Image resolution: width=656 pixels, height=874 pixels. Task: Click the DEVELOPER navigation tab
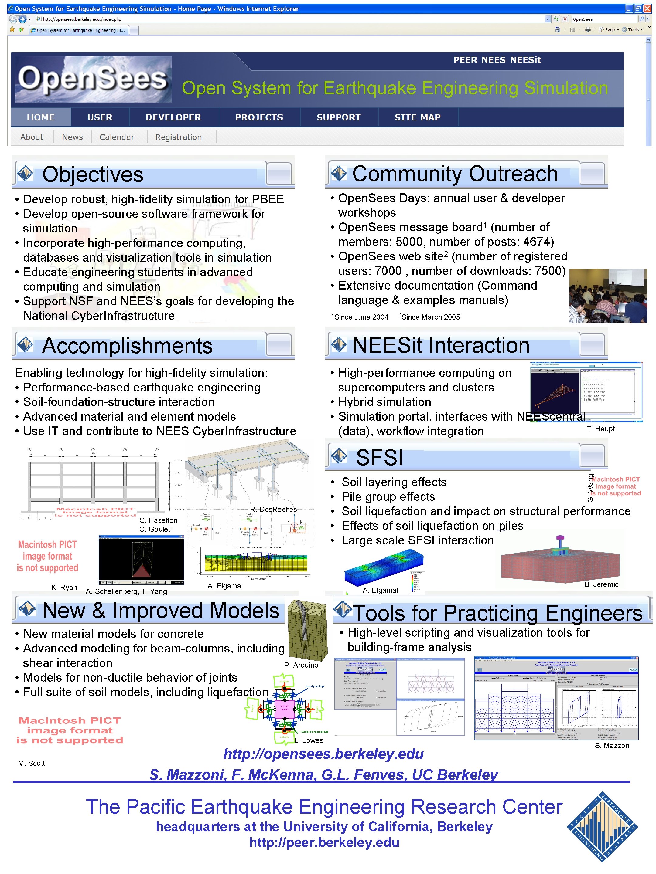173,117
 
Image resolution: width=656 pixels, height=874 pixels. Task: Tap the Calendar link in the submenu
117,137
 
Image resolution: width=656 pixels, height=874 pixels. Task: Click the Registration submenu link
178,137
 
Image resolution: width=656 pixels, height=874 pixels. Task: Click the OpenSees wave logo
93,80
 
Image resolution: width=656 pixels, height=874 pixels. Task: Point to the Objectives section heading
93,174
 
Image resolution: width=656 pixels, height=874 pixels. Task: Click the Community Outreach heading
454,174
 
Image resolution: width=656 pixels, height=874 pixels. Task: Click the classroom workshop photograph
608,296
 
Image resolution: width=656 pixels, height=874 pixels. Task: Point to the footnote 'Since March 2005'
430,317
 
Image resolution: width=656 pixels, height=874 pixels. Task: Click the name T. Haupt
600,429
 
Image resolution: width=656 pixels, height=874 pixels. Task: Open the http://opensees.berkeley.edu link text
323,754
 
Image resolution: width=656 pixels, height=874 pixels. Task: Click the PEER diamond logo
602,827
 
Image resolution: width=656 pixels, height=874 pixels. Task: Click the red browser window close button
647,8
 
